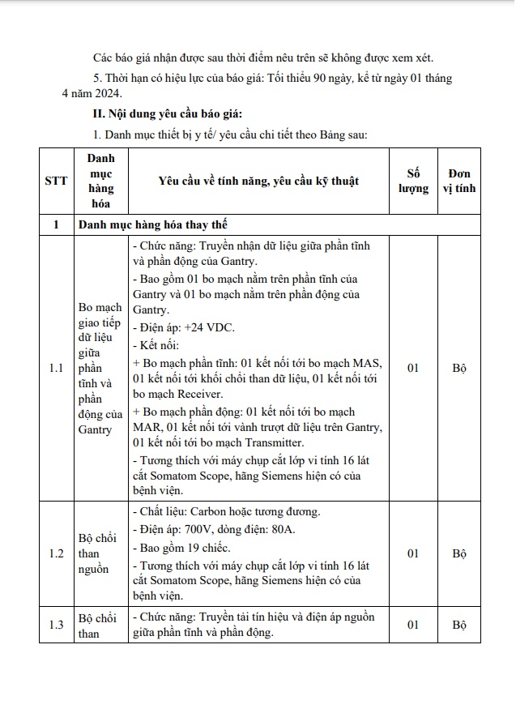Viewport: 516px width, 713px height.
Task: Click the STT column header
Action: coord(56,181)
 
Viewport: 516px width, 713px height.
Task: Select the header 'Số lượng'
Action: coord(413,181)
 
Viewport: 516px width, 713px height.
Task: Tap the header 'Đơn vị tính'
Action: coord(459,181)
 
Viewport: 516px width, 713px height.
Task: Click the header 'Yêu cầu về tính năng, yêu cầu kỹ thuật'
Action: coord(258,181)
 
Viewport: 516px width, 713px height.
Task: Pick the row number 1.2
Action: coord(56,553)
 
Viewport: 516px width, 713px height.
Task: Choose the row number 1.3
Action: coord(56,625)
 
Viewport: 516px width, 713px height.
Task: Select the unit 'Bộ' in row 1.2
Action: coord(459,553)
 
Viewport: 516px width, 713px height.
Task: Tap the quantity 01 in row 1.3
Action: coord(413,625)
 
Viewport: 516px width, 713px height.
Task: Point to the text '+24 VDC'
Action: coord(207,327)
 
